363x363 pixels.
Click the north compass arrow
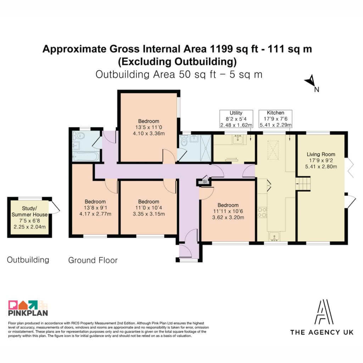pyautogui.click(x=310, y=81)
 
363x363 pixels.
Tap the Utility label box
pyautogui.click(x=236, y=119)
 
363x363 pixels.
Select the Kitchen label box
pyautogui.click(x=275, y=119)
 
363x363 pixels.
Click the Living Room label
pyautogui.click(x=321, y=155)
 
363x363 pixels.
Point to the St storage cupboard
pyautogui.click(x=204, y=181)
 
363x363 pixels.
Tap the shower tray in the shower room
pyautogui.click(x=206, y=148)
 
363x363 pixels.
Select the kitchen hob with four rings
pyautogui.click(x=263, y=212)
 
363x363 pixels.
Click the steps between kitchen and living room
pyautogui.click(x=303, y=184)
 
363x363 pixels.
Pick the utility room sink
pyautogui.click(x=238, y=140)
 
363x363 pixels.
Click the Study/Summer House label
pyautogui.click(x=30, y=211)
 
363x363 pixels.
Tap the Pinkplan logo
pyautogui.click(x=28, y=308)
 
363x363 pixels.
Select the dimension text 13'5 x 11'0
pyautogui.click(x=149, y=127)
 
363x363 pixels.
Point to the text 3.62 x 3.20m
pyautogui.click(x=228, y=217)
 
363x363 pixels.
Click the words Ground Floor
pyautogui.click(x=93, y=260)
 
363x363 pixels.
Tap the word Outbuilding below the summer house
pyautogui.click(x=28, y=260)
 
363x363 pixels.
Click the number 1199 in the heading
pyautogui.click(x=221, y=49)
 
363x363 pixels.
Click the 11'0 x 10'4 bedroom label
pyautogui.click(x=149, y=208)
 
